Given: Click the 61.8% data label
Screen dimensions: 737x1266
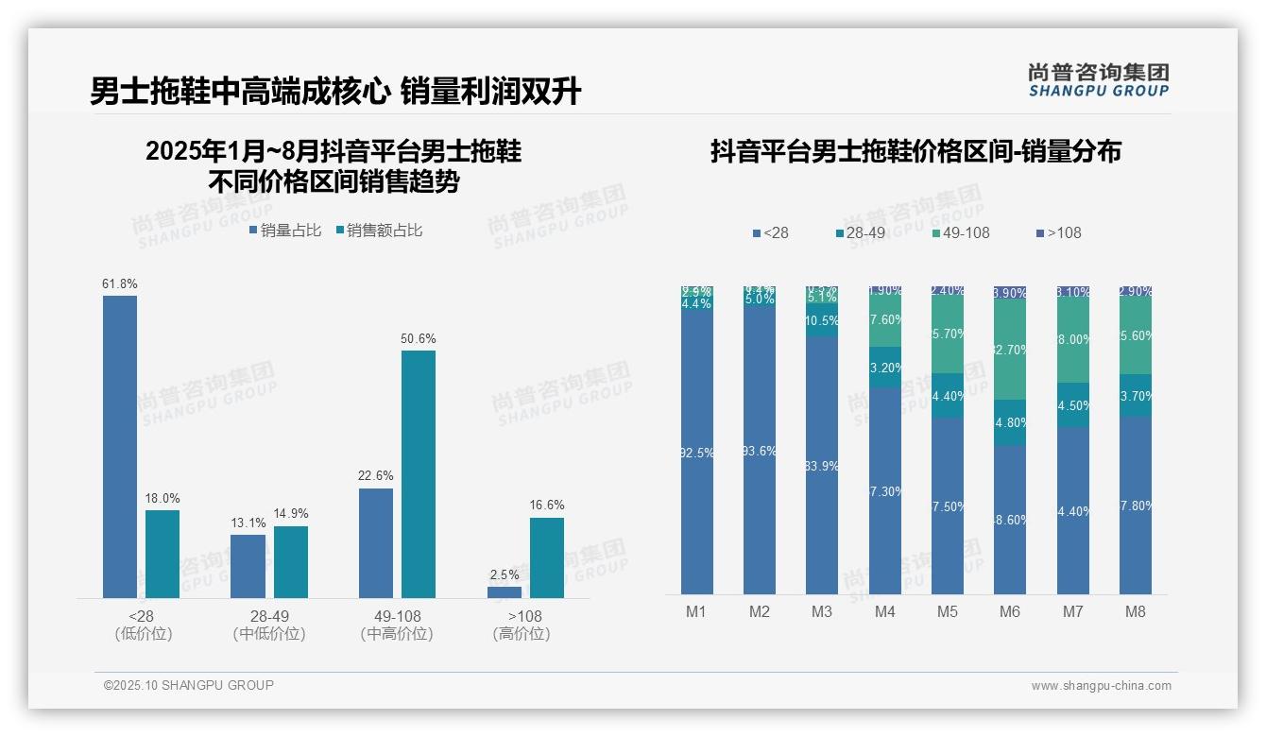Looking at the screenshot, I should coord(120,283).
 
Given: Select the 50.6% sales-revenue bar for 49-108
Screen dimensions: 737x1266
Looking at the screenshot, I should coord(419,474).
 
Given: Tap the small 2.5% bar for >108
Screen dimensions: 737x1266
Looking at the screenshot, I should coord(505,592).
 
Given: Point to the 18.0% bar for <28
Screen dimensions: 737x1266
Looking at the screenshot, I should coord(163,554).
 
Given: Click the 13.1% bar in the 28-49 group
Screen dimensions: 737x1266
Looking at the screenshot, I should coord(248,566).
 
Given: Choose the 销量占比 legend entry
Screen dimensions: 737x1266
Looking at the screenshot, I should coord(285,231).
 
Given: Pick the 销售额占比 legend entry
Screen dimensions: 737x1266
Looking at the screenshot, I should coord(379,231).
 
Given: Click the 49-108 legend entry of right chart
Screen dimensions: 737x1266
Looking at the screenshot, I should coord(960,232).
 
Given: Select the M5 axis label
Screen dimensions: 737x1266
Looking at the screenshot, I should coord(948,611).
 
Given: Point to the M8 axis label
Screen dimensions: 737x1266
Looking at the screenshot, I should coord(1136,611).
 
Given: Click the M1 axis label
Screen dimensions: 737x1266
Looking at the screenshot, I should coord(696,611).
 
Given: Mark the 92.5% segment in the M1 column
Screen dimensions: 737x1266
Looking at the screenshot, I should coord(697,453).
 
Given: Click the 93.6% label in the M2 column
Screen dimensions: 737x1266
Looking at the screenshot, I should coord(760,452).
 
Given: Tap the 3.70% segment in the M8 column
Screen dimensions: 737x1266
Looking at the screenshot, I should coord(1136,396).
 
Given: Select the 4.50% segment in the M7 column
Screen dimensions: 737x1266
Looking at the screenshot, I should coord(1073,405).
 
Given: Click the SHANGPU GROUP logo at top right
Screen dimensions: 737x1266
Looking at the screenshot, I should coord(1099,80).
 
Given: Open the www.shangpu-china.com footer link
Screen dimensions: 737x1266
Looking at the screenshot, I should coord(1101,686).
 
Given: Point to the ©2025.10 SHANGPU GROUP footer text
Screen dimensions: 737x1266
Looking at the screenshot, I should coord(189,685).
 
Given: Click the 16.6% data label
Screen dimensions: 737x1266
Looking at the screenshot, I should coord(547,506).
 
